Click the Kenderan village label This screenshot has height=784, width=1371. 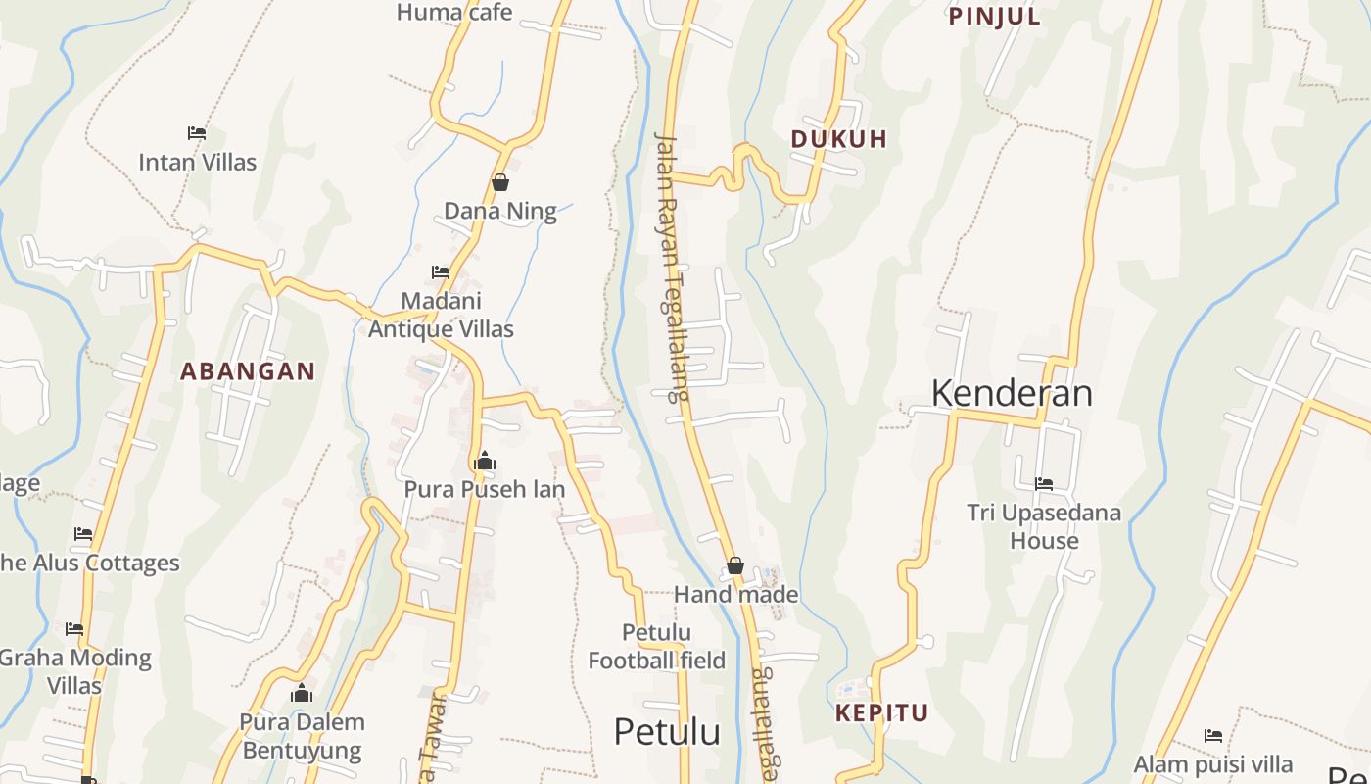tap(1012, 393)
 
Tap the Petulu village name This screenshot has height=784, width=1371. tap(667, 732)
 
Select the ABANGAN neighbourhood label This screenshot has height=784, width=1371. tap(248, 371)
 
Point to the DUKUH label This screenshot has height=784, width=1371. tap(838, 139)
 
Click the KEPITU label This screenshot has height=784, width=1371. tap(881, 712)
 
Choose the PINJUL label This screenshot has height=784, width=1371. tap(994, 16)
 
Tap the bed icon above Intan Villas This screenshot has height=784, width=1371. tap(197, 132)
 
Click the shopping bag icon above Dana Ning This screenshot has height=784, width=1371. tap(499, 182)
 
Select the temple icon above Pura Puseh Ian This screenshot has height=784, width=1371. tap(484, 461)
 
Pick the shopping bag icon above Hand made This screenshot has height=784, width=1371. tap(735, 565)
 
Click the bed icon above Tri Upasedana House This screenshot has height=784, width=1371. tap(1044, 484)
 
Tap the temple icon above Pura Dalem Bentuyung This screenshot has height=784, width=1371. tap(302, 694)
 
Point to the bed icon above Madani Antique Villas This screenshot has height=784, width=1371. tap(441, 272)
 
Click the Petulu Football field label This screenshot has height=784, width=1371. tap(656, 647)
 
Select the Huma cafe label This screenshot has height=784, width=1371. tap(453, 13)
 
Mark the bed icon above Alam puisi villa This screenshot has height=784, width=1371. tap(1213, 735)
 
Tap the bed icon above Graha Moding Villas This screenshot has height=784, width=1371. tap(74, 628)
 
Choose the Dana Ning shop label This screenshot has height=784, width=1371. tap(500, 211)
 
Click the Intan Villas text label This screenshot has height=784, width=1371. tap(197, 162)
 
